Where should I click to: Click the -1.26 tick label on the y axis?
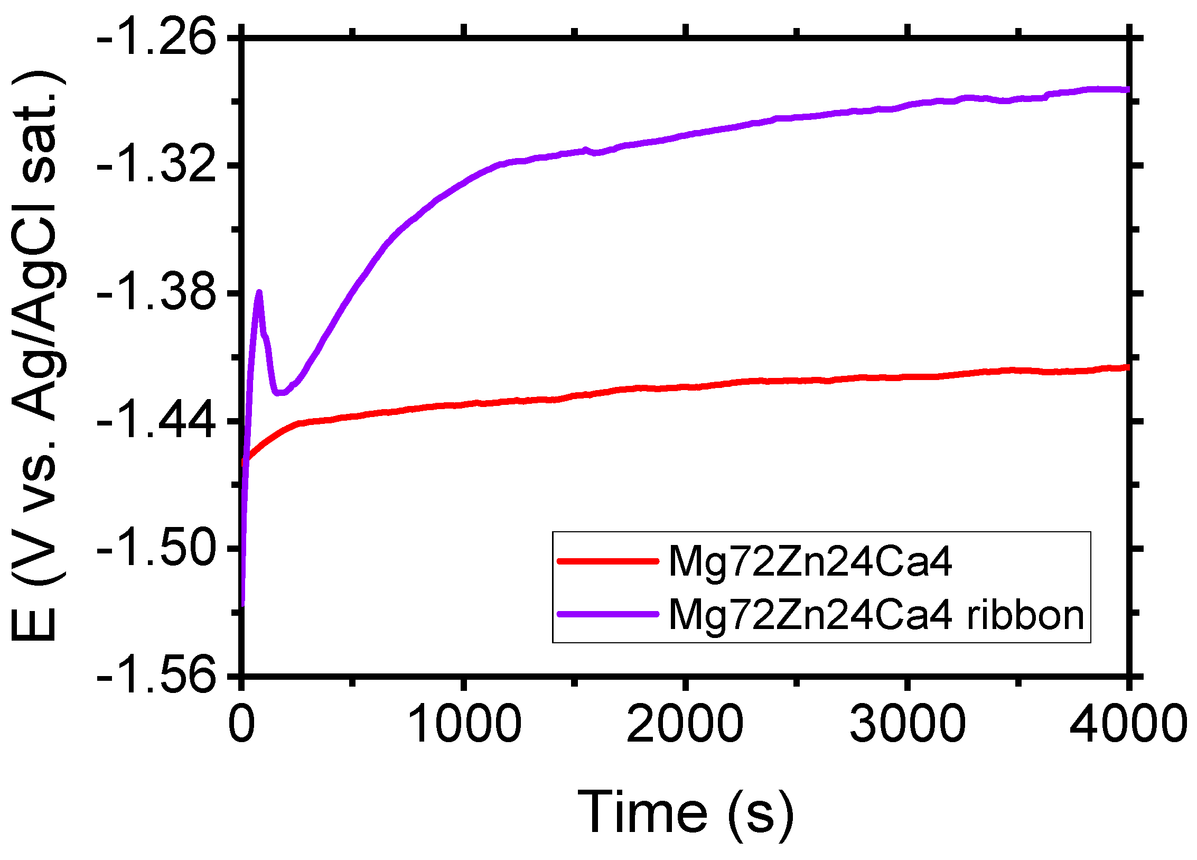(156, 38)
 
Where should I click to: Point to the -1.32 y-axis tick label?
(156, 165)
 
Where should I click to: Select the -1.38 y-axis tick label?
(156, 293)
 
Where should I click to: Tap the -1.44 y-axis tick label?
(156, 421)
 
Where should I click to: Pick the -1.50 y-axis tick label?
(156, 549)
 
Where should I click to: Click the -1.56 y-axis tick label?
(156, 676)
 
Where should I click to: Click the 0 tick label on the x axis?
(242, 724)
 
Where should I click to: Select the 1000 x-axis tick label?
(464, 724)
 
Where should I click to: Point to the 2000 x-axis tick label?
(685, 724)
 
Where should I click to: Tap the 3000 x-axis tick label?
(907, 724)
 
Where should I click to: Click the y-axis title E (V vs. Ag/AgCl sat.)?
(37, 357)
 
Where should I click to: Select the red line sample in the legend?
(607, 561)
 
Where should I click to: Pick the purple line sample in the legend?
(607, 614)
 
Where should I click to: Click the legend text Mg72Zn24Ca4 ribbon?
(876, 615)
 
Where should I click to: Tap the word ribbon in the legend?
(1025, 615)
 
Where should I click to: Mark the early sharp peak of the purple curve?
(259, 292)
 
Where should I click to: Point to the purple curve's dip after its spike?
(279, 393)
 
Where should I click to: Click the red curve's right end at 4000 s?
(1127, 367)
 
